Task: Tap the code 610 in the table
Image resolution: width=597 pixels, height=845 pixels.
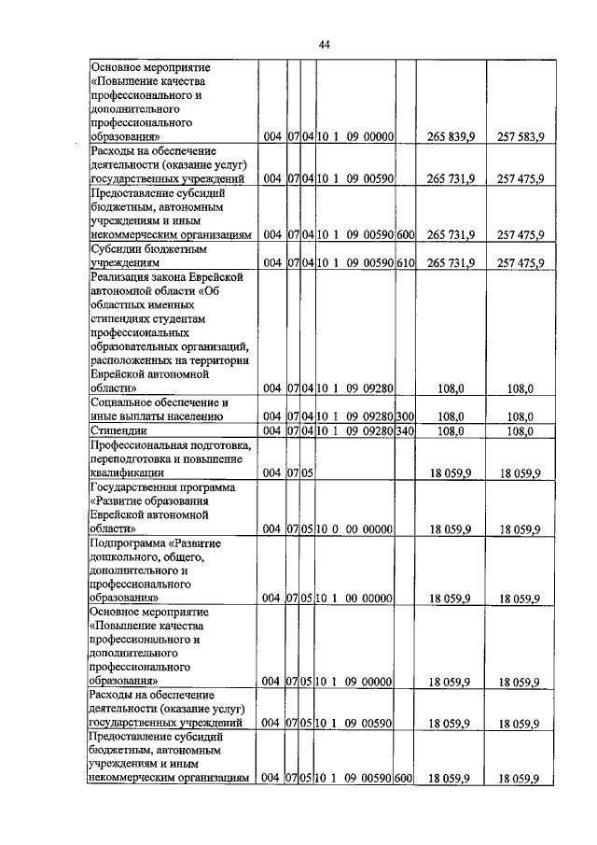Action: tap(404, 262)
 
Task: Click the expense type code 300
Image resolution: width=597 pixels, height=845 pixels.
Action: tap(404, 416)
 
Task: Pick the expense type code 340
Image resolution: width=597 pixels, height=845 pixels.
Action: tap(404, 430)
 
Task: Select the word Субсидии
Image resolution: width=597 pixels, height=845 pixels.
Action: tap(120, 249)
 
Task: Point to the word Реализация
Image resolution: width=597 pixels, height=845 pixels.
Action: tap(126, 277)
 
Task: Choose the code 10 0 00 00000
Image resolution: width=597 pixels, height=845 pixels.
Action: tap(354, 528)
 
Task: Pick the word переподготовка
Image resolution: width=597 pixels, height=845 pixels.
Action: tap(132, 459)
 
